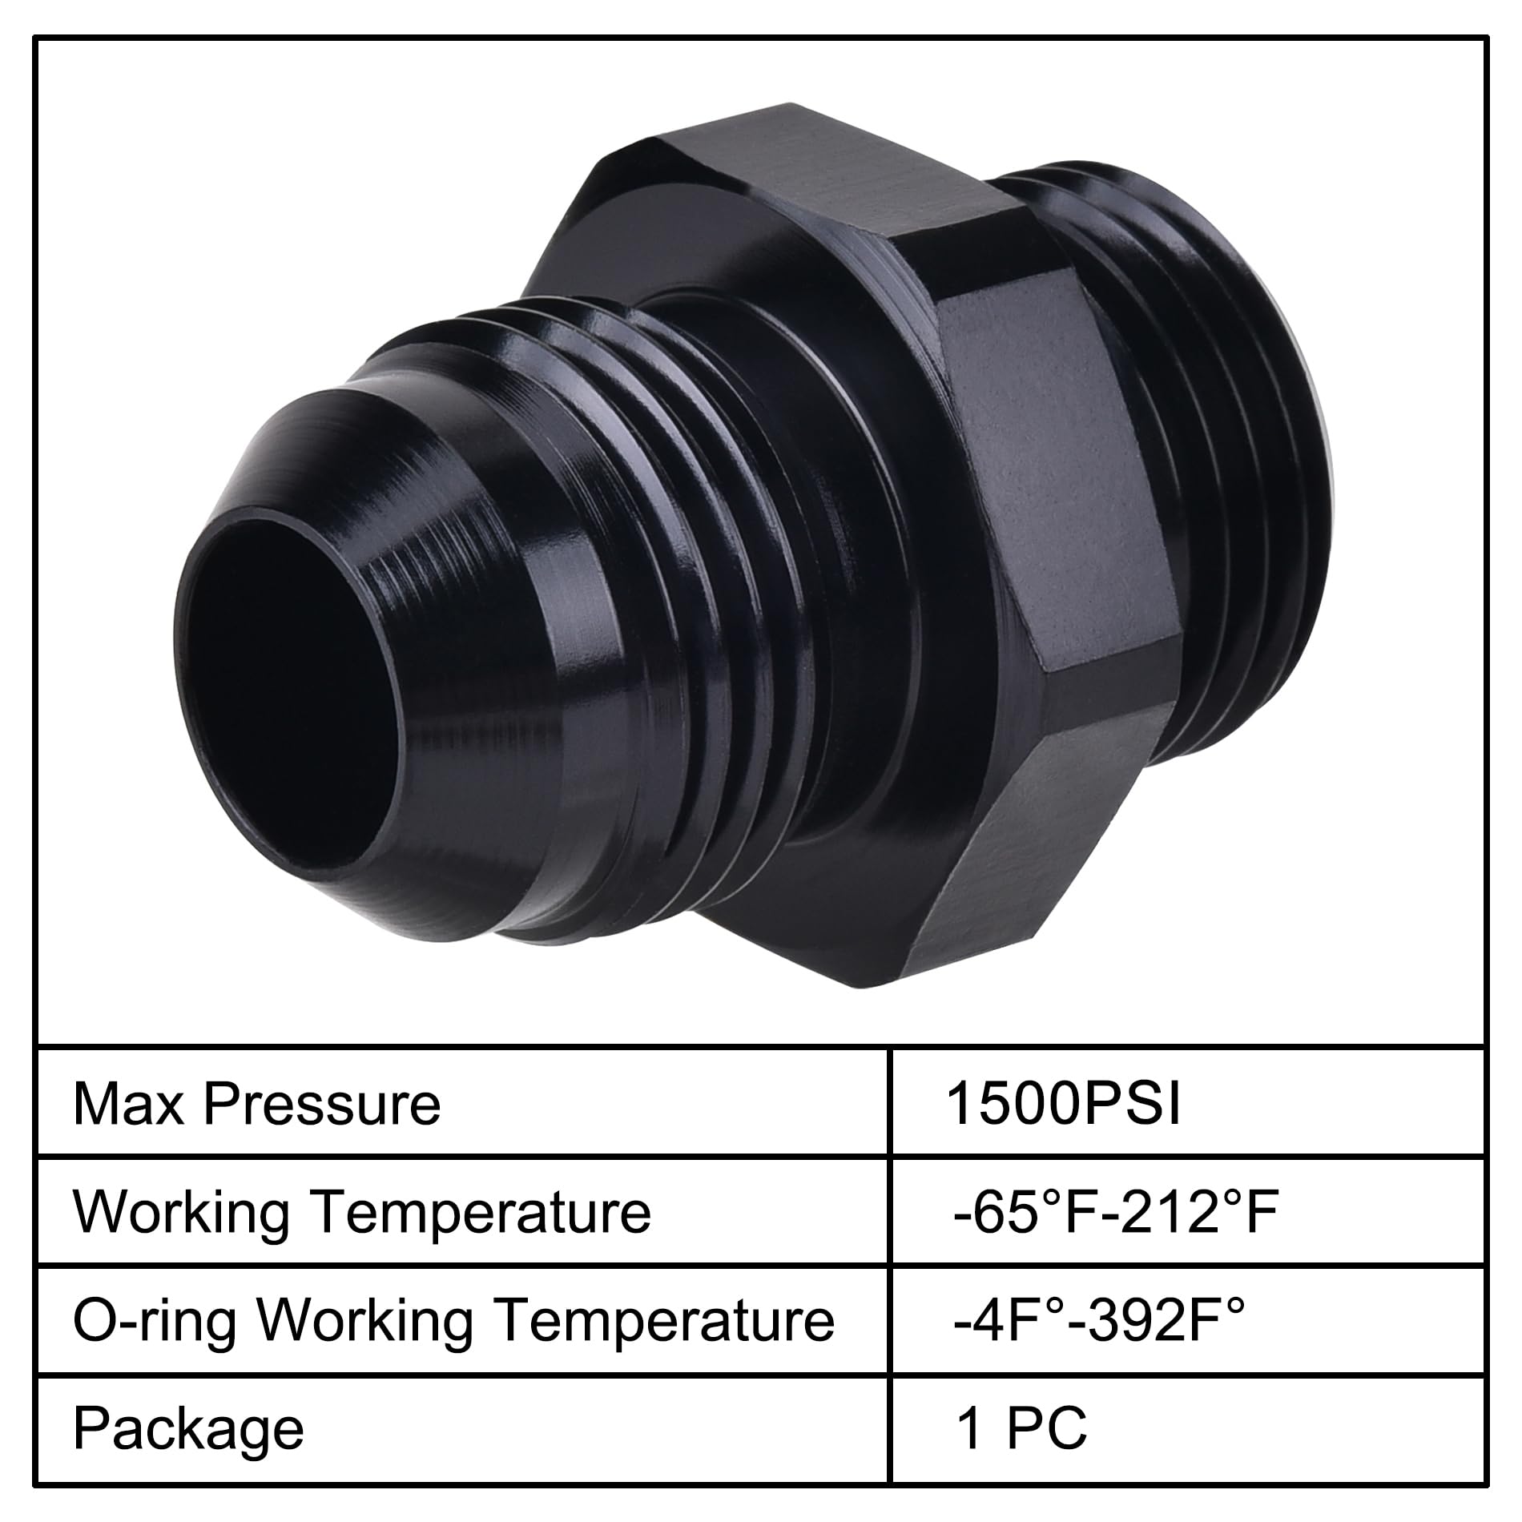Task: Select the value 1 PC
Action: point(1022,1428)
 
